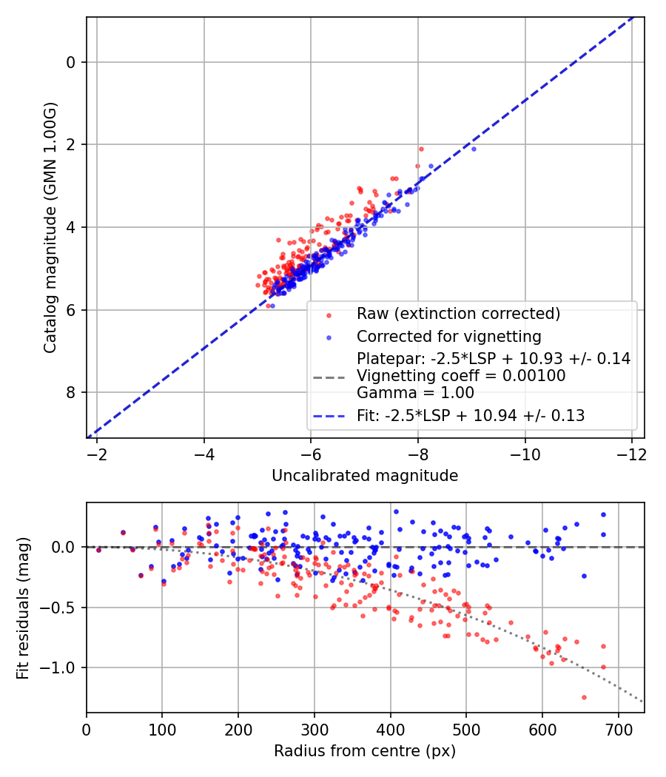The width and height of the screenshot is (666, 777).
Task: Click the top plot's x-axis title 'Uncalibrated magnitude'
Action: pos(365,475)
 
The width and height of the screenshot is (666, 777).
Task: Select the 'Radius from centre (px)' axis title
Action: pos(365,751)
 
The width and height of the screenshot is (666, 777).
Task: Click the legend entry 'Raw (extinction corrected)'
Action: pos(458,314)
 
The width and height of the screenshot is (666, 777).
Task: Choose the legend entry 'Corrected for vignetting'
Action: pos(448,337)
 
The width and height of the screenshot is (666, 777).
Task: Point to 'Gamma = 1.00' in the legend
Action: pos(415,393)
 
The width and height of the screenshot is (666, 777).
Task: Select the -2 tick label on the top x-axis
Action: pos(97,452)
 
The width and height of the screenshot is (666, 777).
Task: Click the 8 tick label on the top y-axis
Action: pos(71,393)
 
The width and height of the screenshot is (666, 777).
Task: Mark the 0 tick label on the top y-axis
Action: pos(71,62)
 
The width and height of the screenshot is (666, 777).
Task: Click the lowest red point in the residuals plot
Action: pos(584,697)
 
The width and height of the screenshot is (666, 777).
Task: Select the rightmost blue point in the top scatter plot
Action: pos(474,149)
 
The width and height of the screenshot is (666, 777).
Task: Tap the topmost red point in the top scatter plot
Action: pos(421,149)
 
